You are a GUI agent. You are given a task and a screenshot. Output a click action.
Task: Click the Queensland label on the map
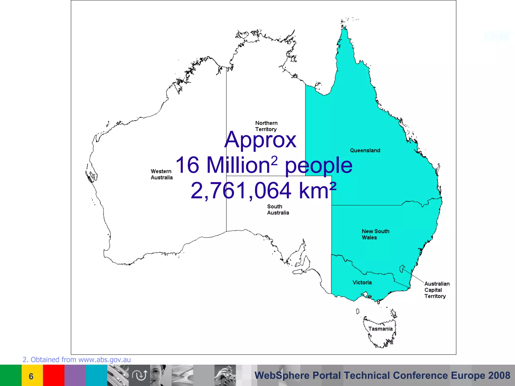pos(365,151)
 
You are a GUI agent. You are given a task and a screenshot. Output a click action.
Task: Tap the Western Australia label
pos(161,174)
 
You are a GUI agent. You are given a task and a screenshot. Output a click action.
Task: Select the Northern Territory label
pos(266,126)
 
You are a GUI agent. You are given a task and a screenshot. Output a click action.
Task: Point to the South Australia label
pos(278,210)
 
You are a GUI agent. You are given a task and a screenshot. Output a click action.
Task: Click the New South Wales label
pos(375,234)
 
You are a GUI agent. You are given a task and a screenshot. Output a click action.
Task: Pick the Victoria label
pos(362,282)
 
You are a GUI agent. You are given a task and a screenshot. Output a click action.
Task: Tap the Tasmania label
pos(380,329)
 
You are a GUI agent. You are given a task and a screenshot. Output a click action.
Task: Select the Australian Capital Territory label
pos(437,290)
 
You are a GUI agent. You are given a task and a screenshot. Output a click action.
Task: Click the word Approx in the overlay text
pos(260,140)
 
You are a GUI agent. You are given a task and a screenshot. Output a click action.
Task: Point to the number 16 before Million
pos(187,165)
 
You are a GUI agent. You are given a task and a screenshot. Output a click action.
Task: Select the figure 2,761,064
pos(241,190)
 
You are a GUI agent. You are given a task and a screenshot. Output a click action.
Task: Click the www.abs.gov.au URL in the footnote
pos(105,360)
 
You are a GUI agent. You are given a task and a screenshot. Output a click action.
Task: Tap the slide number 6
pos(31,376)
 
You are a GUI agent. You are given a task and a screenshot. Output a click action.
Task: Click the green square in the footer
pos(11,375)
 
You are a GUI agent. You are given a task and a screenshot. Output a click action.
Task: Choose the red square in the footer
pos(54,375)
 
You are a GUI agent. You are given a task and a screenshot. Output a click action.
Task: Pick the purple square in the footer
pos(75,375)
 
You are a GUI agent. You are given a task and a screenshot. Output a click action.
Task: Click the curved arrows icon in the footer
pos(140,375)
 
